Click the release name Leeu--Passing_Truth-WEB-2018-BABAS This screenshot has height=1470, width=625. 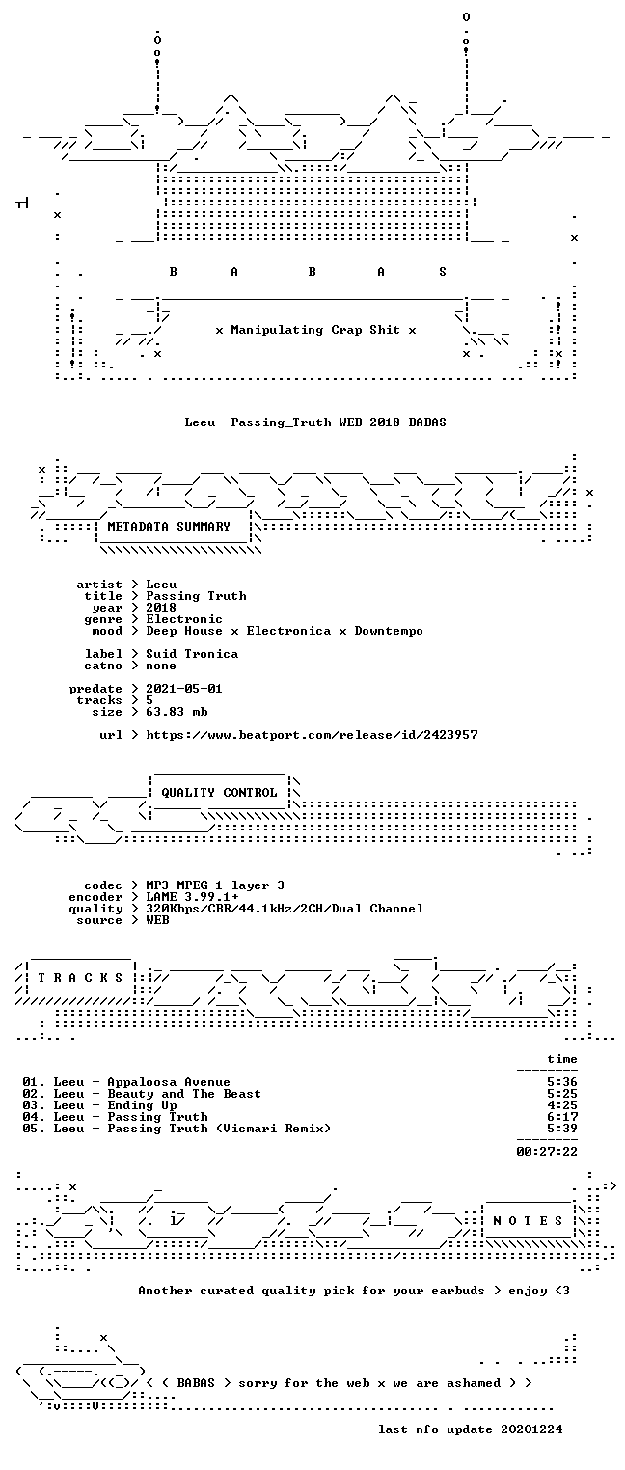(315, 422)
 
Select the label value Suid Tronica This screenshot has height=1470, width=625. (192, 654)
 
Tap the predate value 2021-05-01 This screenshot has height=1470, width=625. (184, 689)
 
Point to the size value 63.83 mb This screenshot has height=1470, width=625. (177, 712)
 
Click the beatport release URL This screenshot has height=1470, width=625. (312, 735)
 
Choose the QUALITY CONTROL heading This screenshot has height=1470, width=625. (219, 793)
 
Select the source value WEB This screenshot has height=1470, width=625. (157, 920)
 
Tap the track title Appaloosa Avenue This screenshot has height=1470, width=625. (169, 1082)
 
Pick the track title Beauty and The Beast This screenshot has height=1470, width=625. (184, 1094)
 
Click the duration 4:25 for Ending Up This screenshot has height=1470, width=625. (562, 1105)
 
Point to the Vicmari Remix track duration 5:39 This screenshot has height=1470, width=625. (562, 1129)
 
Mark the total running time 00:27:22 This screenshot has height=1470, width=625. (547, 1151)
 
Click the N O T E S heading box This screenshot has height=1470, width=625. (529, 1221)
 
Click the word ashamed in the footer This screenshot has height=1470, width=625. (474, 1383)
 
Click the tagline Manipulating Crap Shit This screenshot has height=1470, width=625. (315, 330)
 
